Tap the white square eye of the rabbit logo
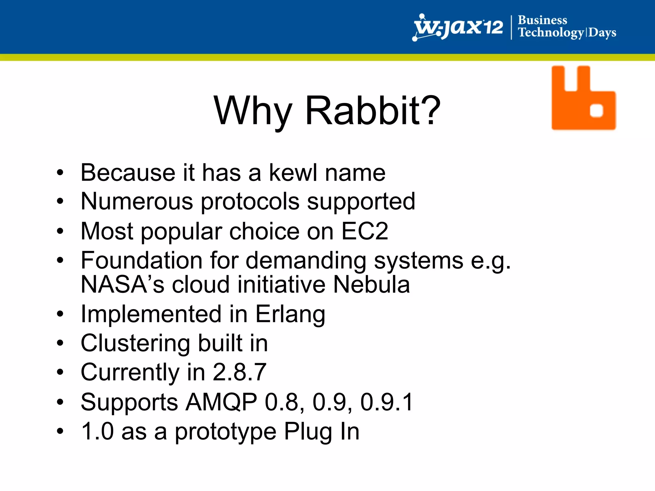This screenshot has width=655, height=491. pyautogui.click(x=596, y=111)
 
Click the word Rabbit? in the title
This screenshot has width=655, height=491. pyautogui.click(x=373, y=111)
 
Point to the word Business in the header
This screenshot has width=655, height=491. pyautogui.click(x=542, y=20)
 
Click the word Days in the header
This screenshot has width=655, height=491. pyautogui.click(x=602, y=33)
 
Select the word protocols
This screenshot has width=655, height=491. pyautogui.click(x=250, y=202)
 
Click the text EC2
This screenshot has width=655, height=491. pyautogui.click(x=365, y=231)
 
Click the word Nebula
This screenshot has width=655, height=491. pyautogui.click(x=371, y=284)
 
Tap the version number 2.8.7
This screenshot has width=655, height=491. pyautogui.click(x=240, y=372)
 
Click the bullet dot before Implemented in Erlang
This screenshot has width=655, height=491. pyautogui.click(x=60, y=314)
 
